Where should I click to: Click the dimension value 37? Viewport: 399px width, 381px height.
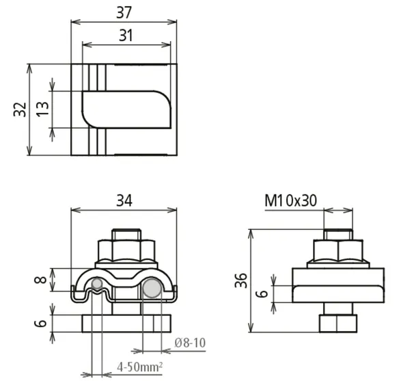click(x=124, y=12)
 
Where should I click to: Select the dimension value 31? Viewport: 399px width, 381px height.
click(x=126, y=36)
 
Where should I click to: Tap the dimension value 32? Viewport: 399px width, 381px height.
click(x=20, y=109)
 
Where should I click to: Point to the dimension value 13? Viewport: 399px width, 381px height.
click(x=42, y=109)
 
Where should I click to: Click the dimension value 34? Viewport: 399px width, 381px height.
click(x=124, y=200)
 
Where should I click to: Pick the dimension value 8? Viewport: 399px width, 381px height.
click(x=40, y=280)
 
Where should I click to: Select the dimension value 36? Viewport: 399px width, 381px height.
click(x=240, y=280)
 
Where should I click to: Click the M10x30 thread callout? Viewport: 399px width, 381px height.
click(x=290, y=200)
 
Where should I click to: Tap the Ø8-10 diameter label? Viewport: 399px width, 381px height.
click(x=190, y=343)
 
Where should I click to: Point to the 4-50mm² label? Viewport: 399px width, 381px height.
click(x=139, y=367)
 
